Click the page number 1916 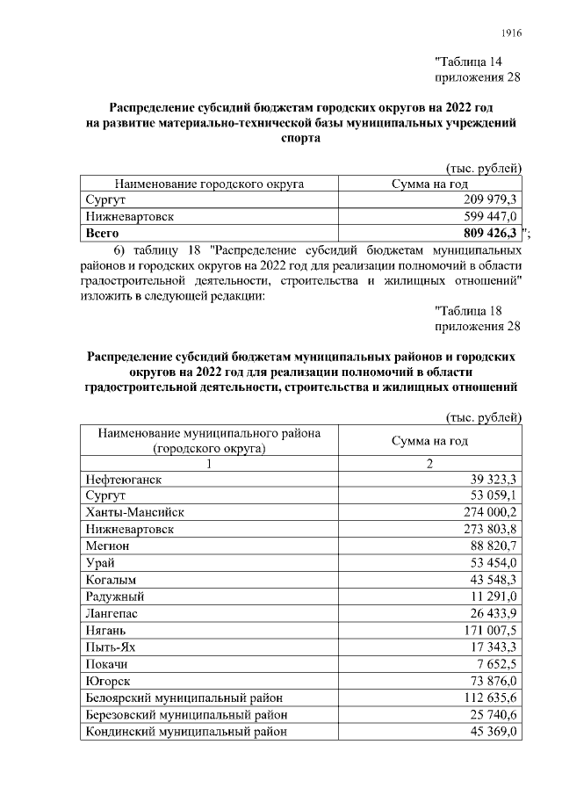coord(511,33)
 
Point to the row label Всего coord(102,234)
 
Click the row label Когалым coord(112,580)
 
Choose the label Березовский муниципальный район coord(186,713)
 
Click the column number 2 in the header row coord(430,464)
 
